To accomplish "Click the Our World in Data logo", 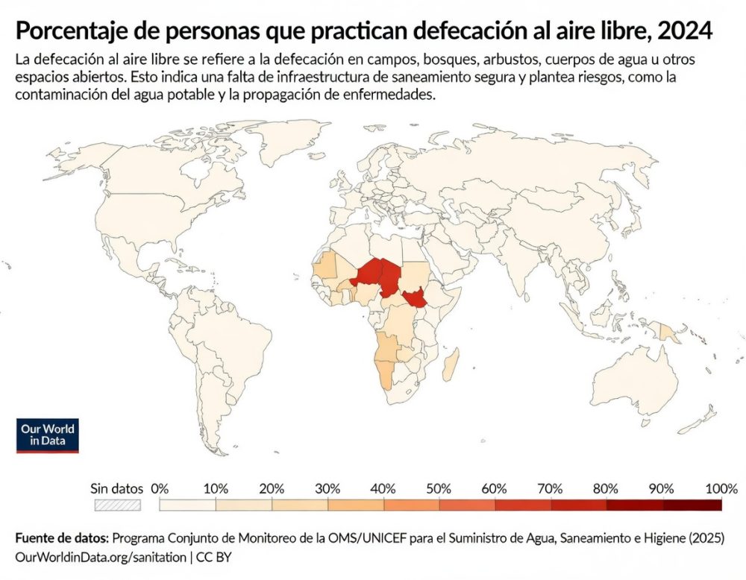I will click(48, 435).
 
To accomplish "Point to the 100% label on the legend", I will click(721, 489).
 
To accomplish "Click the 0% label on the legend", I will click(160, 489).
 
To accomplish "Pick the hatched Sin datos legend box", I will click(117, 505).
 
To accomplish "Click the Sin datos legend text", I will click(116, 489).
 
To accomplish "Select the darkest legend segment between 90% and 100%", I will click(693, 505).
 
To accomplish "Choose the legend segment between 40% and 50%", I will click(412, 505).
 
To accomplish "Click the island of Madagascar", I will click(451, 366).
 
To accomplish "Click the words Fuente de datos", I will click(61, 538).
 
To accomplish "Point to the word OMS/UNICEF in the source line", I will click(336, 538).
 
